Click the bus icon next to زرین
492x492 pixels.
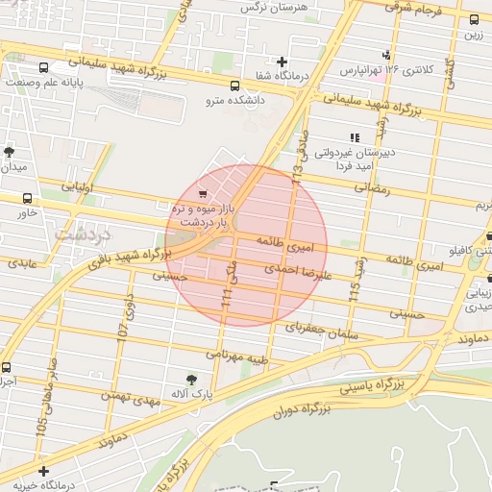click(474, 19)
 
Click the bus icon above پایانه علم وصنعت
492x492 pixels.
click(44, 68)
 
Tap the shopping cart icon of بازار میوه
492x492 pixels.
click(202, 193)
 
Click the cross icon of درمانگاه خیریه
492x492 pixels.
click(43, 471)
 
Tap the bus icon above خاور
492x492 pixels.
click(27, 198)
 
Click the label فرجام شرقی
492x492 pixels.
click(417, 8)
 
